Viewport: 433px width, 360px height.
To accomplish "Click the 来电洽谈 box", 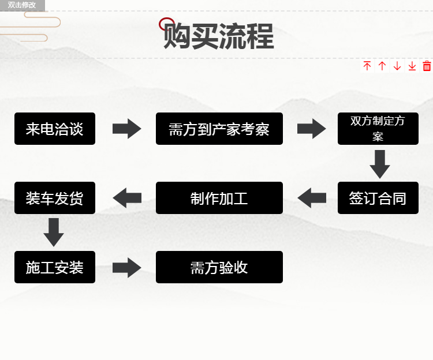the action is tap(55, 129).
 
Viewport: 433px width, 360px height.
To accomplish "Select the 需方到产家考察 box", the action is tap(219, 129).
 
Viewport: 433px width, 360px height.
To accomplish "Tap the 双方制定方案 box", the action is tap(378, 129).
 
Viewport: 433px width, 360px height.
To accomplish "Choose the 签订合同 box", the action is tap(378, 198).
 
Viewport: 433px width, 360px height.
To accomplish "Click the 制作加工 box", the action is tap(219, 198).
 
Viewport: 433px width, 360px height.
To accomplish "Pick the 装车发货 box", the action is tap(55, 198).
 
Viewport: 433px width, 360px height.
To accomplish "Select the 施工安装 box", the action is tap(55, 267).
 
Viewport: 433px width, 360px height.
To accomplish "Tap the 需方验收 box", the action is tap(219, 267).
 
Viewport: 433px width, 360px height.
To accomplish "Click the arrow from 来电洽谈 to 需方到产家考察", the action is tap(127, 129).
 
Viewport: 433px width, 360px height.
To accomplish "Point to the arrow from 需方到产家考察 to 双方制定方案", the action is tap(312, 129).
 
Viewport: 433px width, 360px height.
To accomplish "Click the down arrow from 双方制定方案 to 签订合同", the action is tap(380, 164).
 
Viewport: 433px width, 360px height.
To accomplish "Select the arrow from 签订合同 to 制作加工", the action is tap(312, 198).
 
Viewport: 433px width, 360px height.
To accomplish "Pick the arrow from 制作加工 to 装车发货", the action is tap(127, 198).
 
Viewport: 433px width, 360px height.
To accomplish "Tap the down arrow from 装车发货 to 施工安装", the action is tap(54, 232).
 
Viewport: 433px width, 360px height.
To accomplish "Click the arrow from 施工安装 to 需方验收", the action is tap(127, 268).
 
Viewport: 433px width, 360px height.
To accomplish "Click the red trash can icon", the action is tap(427, 66).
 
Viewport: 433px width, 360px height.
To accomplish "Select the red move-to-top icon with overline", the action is tap(367, 66).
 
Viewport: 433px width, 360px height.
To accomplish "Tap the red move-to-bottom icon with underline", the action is tap(412, 66).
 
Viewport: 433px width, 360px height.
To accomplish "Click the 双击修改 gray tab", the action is tap(22, 5).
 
